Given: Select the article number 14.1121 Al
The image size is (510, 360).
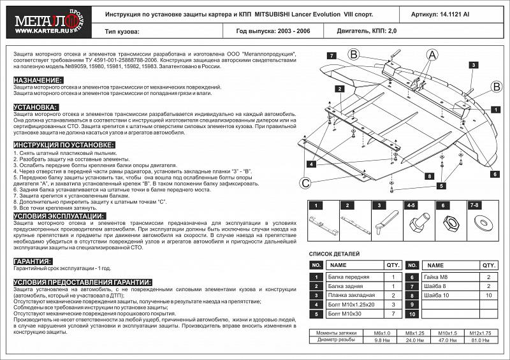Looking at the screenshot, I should [x=455, y=13].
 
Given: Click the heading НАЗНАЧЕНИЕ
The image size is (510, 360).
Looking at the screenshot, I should [x=38, y=80].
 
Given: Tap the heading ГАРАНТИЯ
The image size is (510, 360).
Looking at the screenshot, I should [x=32, y=261].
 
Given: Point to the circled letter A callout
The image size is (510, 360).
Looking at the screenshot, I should [x=432, y=56].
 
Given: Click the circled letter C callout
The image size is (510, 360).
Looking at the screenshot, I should [x=305, y=184].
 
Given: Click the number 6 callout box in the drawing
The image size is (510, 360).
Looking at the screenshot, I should [x=494, y=173].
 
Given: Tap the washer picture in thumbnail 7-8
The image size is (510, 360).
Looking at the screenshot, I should [x=476, y=222].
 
